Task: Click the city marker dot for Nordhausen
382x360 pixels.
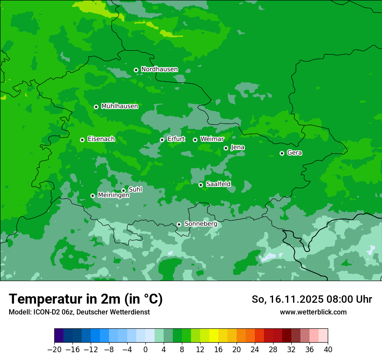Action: click(x=136, y=70)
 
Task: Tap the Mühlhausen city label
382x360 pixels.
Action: click(x=119, y=106)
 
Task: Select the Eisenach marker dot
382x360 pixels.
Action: click(x=82, y=140)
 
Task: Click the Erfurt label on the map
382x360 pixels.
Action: click(x=176, y=139)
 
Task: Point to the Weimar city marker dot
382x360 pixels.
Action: click(x=195, y=140)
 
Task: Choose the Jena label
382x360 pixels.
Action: click(x=237, y=147)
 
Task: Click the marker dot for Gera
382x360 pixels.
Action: click(x=282, y=153)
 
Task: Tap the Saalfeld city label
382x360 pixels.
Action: click(x=218, y=184)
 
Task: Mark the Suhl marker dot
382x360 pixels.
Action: click(x=123, y=190)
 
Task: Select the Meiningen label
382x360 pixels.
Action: click(x=113, y=196)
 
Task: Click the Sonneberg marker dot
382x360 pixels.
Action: click(x=179, y=224)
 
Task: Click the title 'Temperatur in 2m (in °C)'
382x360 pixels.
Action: click(x=86, y=299)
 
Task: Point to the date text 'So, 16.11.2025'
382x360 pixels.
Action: click(x=286, y=299)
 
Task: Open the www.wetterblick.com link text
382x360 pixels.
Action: click(x=313, y=312)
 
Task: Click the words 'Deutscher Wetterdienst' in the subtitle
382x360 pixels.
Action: click(x=114, y=312)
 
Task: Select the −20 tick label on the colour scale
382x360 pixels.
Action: click(x=55, y=350)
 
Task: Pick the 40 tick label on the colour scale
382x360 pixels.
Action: click(x=328, y=350)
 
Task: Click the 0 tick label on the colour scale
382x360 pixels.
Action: click(x=145, y=350)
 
